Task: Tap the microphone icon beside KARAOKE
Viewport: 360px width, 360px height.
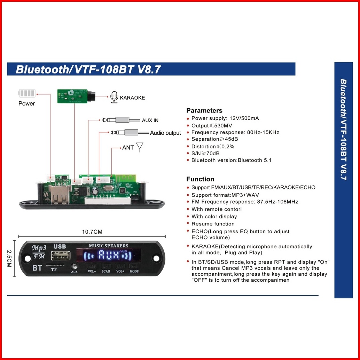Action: click(114, 97)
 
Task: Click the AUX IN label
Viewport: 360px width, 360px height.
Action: click(150, 120)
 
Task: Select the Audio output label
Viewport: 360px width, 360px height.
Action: click(165, 133)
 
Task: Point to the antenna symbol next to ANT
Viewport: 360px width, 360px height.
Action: click(140, 147)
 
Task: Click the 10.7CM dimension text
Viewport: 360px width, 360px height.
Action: click(92, 232)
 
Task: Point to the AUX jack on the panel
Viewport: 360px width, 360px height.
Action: click(74, 267)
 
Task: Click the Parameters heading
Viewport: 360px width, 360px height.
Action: click(204, 111)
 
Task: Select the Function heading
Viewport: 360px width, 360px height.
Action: click(200, 179)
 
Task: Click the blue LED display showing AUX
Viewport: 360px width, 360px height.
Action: click(109, 256)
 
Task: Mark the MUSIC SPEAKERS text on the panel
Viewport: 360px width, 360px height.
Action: click(109, 246)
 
